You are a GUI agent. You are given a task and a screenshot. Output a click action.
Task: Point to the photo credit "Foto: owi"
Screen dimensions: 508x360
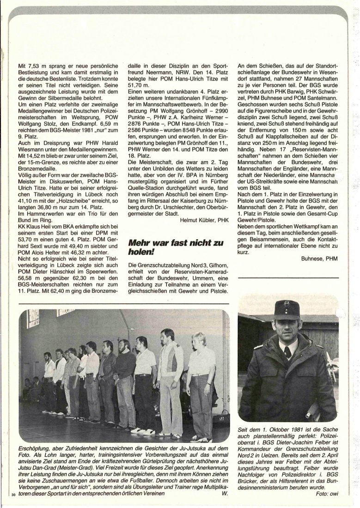pyautogui.click(x=327, y=493)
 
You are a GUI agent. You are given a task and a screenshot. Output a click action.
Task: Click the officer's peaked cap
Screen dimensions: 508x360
pyautogui.click(x=287, y=310)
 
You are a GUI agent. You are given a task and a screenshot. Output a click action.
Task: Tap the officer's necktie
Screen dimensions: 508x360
pyautogui.click(x=287, y=352)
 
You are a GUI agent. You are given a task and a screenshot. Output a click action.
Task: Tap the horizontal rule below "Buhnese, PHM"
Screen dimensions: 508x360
pyautogui.click(x=288, y=278)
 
